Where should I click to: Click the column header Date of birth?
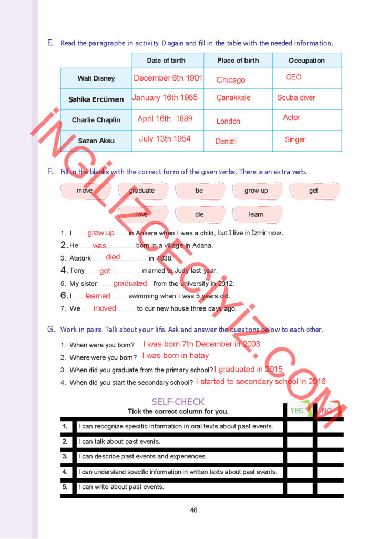pos(166,61)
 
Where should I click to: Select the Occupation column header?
pos(307,61)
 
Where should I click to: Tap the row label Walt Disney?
pos(96,78)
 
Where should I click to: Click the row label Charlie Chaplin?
pos(96,120)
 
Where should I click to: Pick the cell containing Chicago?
pos(231,80)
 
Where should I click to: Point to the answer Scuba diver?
pos(296,97)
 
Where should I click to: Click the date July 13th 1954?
pos(165,139)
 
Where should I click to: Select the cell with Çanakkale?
pos(233,97)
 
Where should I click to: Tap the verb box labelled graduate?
pos(142,191)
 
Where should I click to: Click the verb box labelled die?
pos(199,214)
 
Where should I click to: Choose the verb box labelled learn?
pos(256,214)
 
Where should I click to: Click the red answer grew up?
pos(101,233)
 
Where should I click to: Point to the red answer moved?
pos(105,308)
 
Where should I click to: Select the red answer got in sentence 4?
pos(105,271)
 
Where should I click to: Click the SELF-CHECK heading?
pos(178,402)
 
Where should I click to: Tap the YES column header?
pos(297,411)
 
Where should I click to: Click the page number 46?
pos(193,510)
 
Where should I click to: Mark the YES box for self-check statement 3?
pos(300,457)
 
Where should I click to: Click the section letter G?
pos(51,329)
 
